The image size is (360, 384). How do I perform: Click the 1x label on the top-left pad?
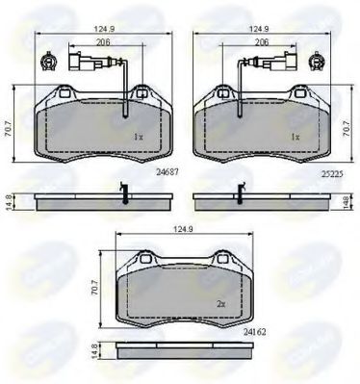(x=139, y=138)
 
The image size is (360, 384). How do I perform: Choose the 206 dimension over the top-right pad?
(x=259, y=45)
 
